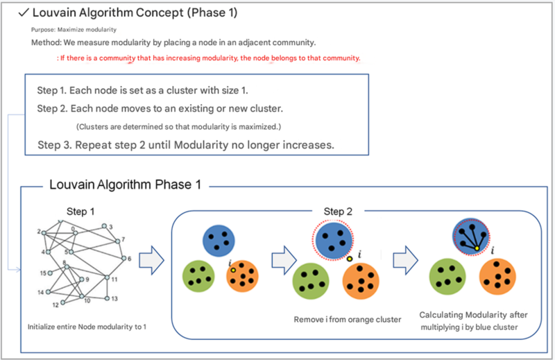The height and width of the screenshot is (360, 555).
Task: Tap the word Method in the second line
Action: [45, 43]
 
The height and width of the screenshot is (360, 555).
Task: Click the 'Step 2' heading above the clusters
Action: [338, 210]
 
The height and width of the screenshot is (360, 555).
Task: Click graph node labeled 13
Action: [107, 298]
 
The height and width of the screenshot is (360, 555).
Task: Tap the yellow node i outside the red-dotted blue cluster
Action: [350, 259]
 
